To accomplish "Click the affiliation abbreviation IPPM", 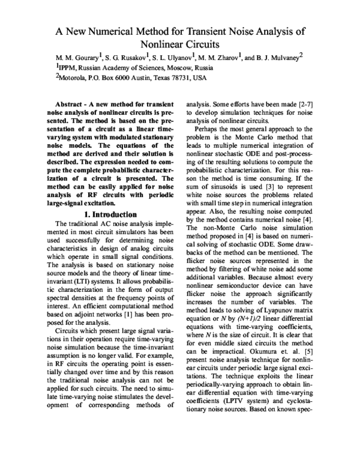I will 68,68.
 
